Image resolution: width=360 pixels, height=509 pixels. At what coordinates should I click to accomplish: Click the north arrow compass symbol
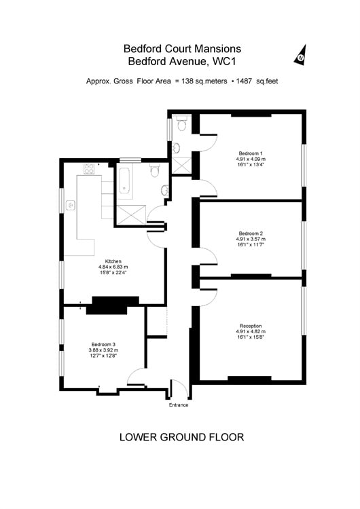coord(301,56)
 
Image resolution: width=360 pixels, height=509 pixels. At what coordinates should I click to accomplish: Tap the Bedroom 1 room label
coord(251,153)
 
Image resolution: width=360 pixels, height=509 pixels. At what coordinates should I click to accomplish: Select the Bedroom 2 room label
coord(251,233)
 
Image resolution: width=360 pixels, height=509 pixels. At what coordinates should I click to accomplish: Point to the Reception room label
coord(251,326)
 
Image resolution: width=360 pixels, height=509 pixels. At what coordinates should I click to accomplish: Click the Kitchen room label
coord(113,261)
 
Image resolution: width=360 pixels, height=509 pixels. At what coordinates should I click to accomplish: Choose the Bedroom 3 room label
coord(103,344)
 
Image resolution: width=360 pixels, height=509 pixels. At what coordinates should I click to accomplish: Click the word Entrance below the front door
coord(179,405)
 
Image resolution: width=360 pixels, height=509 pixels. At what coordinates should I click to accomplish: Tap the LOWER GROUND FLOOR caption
coord(181,437)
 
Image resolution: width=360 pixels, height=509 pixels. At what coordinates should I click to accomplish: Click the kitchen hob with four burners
coord(89,169)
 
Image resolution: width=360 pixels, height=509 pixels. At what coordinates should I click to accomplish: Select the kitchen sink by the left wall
coord(71,205)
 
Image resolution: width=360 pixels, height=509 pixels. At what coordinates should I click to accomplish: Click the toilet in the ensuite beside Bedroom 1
coord(181,124)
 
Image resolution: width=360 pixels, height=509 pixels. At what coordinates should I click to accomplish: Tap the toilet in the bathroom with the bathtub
coord(155,170)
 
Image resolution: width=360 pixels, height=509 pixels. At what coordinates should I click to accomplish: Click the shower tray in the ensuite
coord(181,165)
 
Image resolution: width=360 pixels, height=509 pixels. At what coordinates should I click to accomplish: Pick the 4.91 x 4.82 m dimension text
coord(251,331)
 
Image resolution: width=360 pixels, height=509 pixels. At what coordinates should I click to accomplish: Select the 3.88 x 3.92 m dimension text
coord(103,350)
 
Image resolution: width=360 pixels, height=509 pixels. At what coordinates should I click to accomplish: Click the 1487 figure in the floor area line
coord(244,81)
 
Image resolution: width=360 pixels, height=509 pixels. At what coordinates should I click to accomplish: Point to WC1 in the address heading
coord(223,61)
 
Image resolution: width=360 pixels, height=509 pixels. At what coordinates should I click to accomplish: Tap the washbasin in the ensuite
coord(176,148)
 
